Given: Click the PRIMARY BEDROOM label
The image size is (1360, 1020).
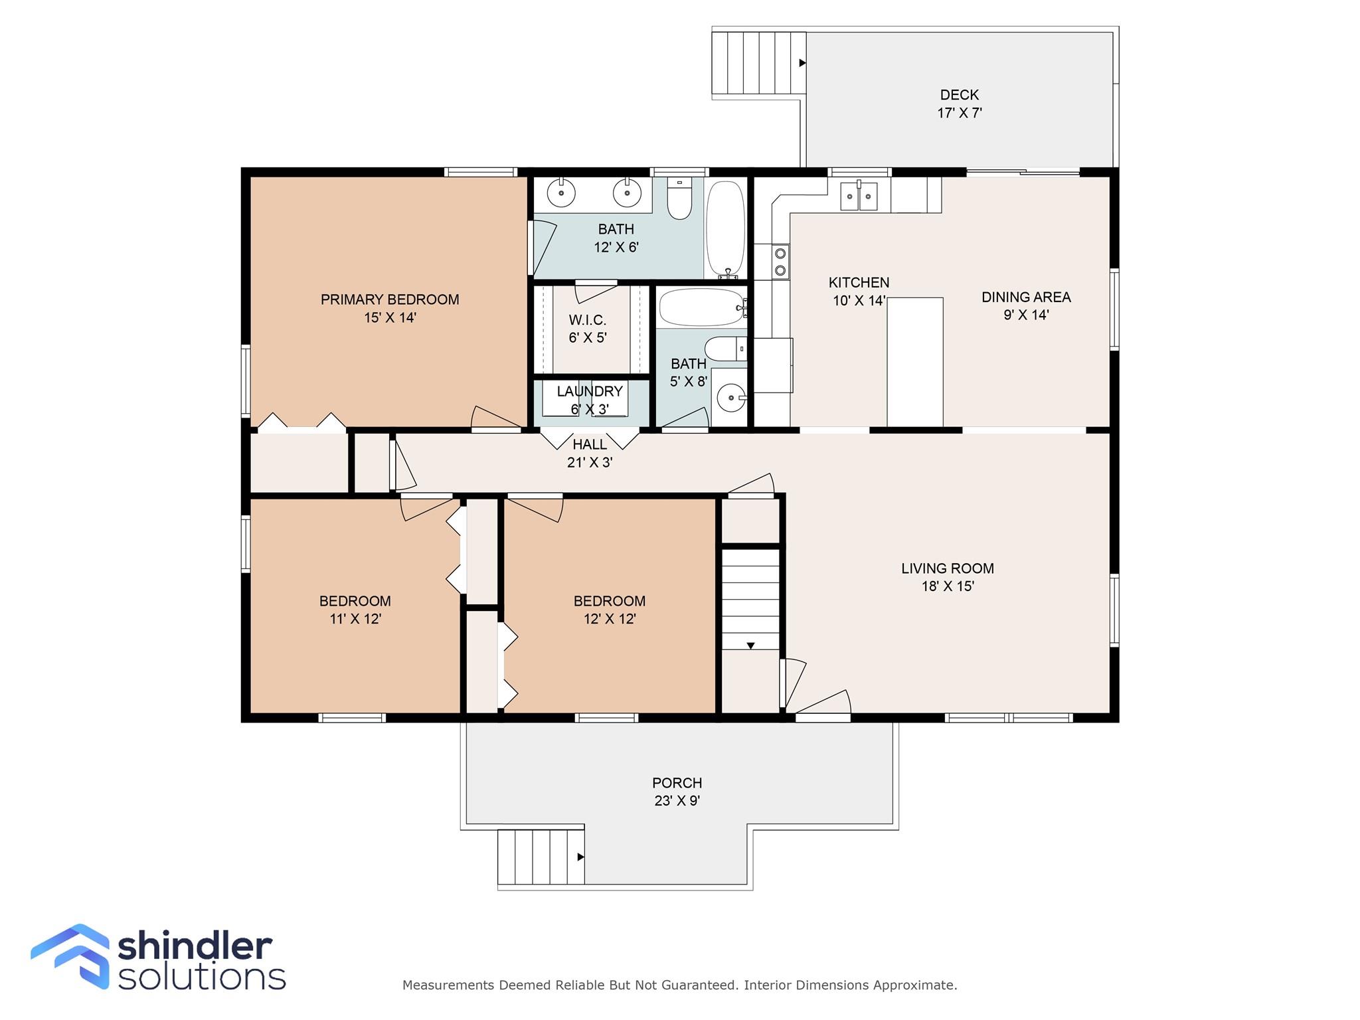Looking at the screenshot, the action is (390, 299).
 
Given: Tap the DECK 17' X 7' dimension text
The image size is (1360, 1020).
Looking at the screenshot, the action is (960, 113).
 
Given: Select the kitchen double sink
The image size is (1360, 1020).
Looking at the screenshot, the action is (859, 196).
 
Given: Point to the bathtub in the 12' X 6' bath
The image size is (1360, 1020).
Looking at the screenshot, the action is (725, 229).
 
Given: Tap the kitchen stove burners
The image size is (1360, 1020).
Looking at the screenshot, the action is (781, 261).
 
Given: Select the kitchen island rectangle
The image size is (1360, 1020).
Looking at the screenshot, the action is (915, 362).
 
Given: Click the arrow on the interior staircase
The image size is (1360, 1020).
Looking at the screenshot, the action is (750, 645).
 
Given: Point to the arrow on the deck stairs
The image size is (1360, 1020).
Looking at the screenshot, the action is (802, 63).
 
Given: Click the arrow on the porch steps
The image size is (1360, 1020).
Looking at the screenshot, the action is (580, 857).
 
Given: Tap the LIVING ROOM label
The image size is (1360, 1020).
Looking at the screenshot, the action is (948, 568).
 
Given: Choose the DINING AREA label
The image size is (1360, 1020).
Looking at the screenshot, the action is (1026, 297).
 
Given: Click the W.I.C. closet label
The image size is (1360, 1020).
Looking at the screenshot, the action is (587, 320).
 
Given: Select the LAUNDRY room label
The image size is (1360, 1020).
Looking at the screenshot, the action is (590, 391).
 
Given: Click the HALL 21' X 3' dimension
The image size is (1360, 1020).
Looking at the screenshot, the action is (590, 462).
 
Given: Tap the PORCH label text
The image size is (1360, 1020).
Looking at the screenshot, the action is (677, 783).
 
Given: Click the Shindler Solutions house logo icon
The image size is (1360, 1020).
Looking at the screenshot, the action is (70, 956).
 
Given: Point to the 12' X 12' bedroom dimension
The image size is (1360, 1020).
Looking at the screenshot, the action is (610, 619).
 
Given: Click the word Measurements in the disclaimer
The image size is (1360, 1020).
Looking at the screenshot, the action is (448, 985).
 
